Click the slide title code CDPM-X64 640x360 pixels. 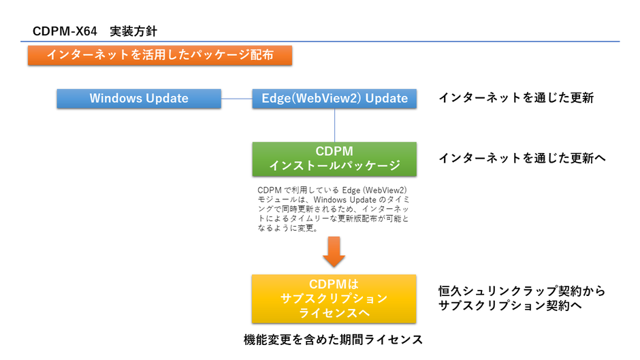pyautogui.click(x=65, y=31)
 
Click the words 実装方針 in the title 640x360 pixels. pyautogui.click(x=134, y=31)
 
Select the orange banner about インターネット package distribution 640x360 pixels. pyautogui.click(x=160, y=55)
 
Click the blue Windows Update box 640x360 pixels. pyautogui.click(x=139, y=98)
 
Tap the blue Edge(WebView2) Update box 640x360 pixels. pyautogui.click(x=334, y=98)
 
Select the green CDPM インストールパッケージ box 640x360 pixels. pyautogui.click(x=334, y=159)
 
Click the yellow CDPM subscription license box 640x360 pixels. pyautogui.click(x=334, y=299)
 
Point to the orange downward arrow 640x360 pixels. pyautogui.click(x=334, y=252)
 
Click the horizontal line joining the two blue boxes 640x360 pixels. pyautogui.click(x=237, y=99)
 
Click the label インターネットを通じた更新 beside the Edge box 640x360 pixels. pyautogui.click(x=516, y=98)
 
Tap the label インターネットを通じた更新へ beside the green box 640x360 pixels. pyautogui.click(x=522, y=158)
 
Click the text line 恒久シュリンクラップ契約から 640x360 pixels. pyautogui.click(x=522, y=291)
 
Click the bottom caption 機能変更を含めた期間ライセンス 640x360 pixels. pyautogui.click(x=334, y=340)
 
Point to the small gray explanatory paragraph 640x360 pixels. pyautogui.click(x=334, y=209)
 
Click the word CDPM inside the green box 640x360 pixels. pyautogui.click(x=334, y=151)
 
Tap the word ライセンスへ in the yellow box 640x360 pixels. pyautogui.click(x=334, y=313)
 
